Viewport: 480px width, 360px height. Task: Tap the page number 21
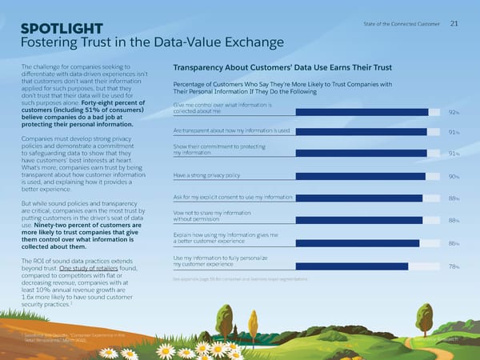pyautogui.click(x=454, y=23)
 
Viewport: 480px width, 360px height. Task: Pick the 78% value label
pyautogui.click(x=454, y=267)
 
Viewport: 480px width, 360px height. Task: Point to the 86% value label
pyautogui.click(x=454, y=243)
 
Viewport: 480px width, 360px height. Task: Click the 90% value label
pyautogui.click(x=454, y=177)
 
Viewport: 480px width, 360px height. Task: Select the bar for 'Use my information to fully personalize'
pyautogui.click(x=290, y=266)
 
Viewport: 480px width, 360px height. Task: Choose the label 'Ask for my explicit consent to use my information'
pyautogui.click(x=227, y=197)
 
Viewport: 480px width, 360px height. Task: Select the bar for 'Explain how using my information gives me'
pyautogui.click(x=296, y=243)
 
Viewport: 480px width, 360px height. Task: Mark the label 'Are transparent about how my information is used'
pyautogui.click(x=230, y=130)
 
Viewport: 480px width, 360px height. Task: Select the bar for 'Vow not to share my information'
pyautogui.click(x=298, y=221)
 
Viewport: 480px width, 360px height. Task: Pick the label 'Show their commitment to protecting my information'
pyautogui.click(x=218, y=150)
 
